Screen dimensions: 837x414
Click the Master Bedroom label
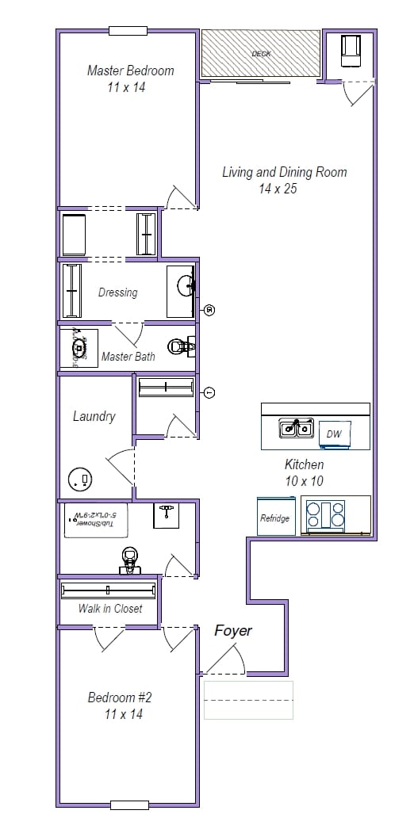pyautogui.click(x=130, y=71)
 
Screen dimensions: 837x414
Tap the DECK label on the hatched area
pyautogui.click(x=261, y=54)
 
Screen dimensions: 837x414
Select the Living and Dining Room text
pyautogui.click(x=284, y=172)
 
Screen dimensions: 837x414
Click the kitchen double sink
pyautogui.click(x=294, y=429)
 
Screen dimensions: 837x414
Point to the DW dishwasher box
pyautogui.click(x=334, y=434)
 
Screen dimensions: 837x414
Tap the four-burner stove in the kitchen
pyautogui.click(x=326, y=514)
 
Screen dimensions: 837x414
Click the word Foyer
pyautogui.click(x=233, y=630)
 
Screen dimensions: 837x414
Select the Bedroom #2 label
pyautogui.click(x=119, y=697)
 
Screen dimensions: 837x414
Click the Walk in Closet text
pyautogui.click(x=110, y=608)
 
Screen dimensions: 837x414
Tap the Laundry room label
pyautogui.click(x=94, y=416)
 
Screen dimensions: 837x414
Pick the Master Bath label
pyautogui.click(x=128, y=357)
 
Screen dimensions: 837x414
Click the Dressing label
pyautogui.click(x=117, y=292)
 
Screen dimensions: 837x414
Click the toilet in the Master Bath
pyautogui.click(x=182, y=346)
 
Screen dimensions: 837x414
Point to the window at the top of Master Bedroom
pyautogui.click(x=128, y=31)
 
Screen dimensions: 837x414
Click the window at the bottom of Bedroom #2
pyautogui.click(x=129, y=805)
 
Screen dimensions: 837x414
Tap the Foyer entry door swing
pyautogui.click(x=224, y=658)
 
